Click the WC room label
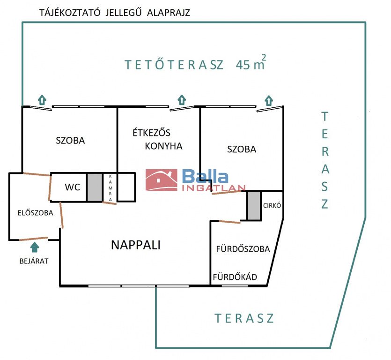[x=72, y=187]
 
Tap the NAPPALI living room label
[x=136, y=245]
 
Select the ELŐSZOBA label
[x=36, y=213]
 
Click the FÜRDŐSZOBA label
[x=243, y=249]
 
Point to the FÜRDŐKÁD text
[x=235, y=277]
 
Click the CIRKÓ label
[x=272, y=205]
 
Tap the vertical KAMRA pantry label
[x=110, y=188]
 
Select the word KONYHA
[x=163, y=146]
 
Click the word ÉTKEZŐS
[x=151, y=133]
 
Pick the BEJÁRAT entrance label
[x=34, y=261]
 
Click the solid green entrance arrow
[x=35, y=247]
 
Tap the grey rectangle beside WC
[x=95, y=187]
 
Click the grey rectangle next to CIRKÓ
[x=254, y=206]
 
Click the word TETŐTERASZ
[x=174, y=65]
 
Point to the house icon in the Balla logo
[x=162, y=180]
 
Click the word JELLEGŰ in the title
[x=124, y=12]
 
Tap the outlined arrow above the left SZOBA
[x=42, y=100]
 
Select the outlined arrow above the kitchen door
[x=182, y=100]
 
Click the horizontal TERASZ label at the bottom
[x=244, y=318]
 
